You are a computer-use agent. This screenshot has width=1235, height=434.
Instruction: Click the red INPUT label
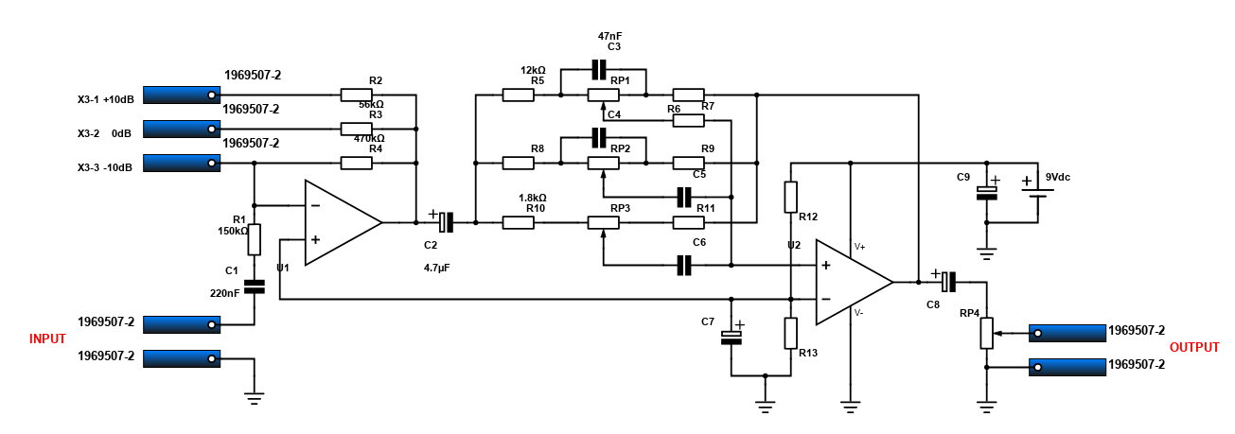(47, 339)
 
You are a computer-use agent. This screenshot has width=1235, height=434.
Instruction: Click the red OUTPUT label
(1194, 348)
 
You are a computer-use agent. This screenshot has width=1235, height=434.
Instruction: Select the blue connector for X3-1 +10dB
(182, 95)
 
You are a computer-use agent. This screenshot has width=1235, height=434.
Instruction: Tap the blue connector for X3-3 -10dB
(182, 163)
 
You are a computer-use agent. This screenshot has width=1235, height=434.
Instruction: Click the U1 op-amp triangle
(343, 222)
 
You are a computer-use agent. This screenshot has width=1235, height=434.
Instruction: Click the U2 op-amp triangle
(854, 282)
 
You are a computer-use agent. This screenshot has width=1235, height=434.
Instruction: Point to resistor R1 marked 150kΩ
(255, 239)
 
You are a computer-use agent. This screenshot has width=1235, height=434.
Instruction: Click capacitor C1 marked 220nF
(255, 286)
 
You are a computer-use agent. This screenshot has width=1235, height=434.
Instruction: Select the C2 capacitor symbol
(446, 222)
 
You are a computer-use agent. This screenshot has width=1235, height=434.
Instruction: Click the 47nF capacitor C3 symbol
(599, 69)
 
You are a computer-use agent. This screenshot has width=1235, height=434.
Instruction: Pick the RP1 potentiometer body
(603, 95)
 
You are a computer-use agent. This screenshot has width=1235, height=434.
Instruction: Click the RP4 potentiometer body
(987, 333)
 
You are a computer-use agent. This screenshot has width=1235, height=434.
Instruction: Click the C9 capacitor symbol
(987, 193)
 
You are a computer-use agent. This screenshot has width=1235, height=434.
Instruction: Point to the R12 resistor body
(790, 198)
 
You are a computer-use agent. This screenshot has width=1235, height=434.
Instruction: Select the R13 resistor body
(790, 333)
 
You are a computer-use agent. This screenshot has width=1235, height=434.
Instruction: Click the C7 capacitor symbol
(732, 338)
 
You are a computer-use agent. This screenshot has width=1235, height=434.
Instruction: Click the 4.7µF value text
(436, 269)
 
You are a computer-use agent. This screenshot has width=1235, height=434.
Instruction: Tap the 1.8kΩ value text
(533, 198)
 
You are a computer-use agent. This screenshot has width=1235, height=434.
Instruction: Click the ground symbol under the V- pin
(850, 407)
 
